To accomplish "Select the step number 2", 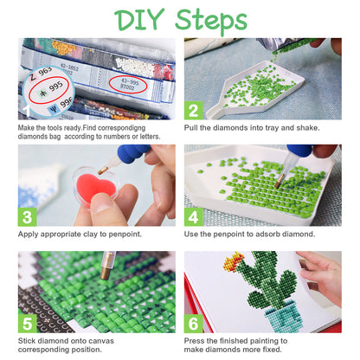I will [x=196, y=111].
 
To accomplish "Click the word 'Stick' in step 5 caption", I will [x=29, y=342].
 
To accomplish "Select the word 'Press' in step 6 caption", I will [x=197, y=342].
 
